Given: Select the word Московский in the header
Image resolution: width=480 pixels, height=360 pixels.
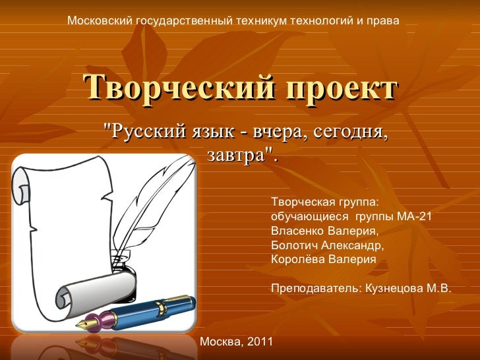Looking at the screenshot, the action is click(100, 21).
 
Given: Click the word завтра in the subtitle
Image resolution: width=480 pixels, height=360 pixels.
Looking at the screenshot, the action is click(236, 155).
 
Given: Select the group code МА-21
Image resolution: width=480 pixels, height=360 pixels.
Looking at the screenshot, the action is click(414, 216).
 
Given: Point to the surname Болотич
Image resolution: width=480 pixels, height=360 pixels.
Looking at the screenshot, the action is click(293, 245).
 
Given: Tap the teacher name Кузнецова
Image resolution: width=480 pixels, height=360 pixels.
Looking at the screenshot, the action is click(393, 289).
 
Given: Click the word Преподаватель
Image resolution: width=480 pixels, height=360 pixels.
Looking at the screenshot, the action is click(315, 289).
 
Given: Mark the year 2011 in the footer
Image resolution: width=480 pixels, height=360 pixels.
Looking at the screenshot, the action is click(260, 342).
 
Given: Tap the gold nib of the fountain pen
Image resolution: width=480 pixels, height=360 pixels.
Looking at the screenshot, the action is click(86, 324).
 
